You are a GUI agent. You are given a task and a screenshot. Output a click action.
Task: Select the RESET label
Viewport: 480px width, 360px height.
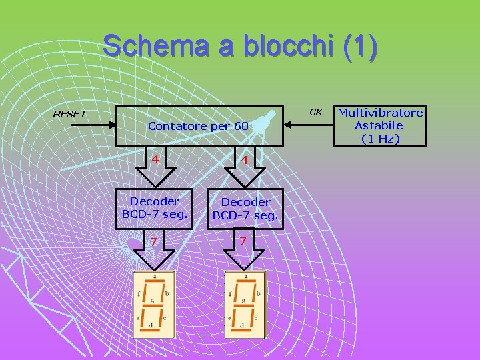click(69, 114)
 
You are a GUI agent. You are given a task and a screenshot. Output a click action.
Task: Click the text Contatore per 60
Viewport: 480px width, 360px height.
click(198, 126)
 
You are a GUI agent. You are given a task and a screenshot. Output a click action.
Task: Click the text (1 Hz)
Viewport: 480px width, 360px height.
click(380, 139)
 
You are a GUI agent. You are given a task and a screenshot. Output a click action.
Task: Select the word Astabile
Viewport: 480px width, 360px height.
click(379, 125)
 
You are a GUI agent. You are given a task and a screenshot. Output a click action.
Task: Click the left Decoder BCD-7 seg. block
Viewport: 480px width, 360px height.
click(154, 207)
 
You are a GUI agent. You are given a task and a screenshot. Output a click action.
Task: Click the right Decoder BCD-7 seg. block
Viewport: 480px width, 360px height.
click(245, 209)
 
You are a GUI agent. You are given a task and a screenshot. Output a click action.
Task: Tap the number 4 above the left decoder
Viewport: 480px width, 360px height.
click(155, 159)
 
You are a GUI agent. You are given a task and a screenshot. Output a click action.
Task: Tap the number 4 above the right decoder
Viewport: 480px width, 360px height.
click(245, 160)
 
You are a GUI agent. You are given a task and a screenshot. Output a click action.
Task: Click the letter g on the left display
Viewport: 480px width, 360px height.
click(152, 300)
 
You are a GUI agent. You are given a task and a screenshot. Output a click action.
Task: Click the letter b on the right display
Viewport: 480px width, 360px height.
click(258, 293)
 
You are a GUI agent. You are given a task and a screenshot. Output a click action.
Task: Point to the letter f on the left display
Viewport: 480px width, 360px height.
click(139, 293)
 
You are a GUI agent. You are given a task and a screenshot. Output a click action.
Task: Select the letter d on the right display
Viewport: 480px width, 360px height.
click(242, 325)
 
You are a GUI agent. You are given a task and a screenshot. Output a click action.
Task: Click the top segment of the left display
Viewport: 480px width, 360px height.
click(154, 282)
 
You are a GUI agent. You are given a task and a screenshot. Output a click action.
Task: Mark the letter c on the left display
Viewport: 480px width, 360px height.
click(165, 317)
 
